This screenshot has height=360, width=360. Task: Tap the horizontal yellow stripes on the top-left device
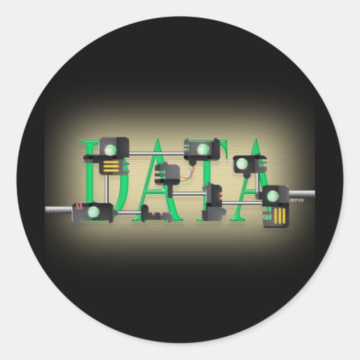point(109,165)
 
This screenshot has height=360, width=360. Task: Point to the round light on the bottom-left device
point(94,211)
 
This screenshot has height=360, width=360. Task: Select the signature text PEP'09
point(297,201)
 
